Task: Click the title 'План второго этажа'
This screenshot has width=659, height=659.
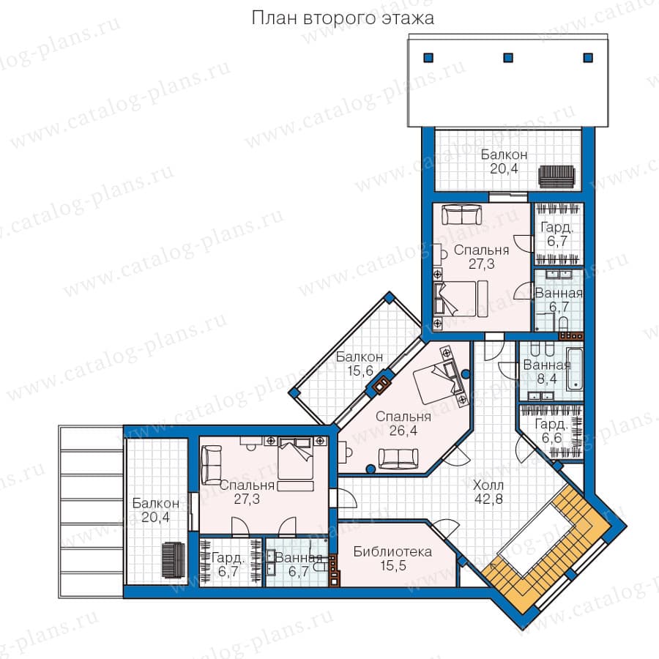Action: click(343, 18)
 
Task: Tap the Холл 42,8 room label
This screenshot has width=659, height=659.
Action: click(488, 492)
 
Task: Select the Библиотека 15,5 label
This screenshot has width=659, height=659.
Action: click(392, 559)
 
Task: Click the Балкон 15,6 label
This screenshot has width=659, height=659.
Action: click(360, 364)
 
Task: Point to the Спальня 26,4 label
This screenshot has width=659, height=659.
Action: click(403, 423)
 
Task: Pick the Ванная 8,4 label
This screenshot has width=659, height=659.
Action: click(547, 372)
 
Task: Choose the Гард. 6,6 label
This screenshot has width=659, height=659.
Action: click(551, 431)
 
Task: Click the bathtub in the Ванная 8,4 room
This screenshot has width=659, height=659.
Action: click(575, 368)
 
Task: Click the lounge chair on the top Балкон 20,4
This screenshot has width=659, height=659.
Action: click(557, 177)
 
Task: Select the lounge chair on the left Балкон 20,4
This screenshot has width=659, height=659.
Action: click(173, 560)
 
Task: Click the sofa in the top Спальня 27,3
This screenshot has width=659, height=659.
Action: click(461, 215)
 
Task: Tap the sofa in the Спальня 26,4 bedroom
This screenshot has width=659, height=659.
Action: click(398, 458)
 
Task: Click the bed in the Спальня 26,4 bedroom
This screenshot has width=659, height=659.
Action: click(439, 376)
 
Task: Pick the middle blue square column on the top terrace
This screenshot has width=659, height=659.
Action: click(508, 58)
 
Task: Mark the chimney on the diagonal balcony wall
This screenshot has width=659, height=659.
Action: click(381, 384)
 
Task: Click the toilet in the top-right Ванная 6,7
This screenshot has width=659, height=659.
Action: click(564, 323)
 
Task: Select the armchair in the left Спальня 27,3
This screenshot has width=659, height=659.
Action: click(212, 465)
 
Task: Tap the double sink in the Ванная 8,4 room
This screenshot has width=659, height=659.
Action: click(540, 396)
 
